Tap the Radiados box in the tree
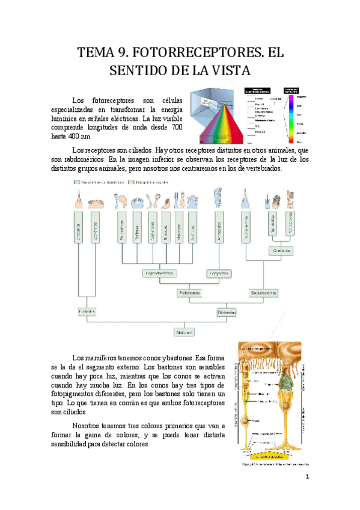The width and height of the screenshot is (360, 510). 87,312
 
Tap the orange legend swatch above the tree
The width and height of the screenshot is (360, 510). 130,181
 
